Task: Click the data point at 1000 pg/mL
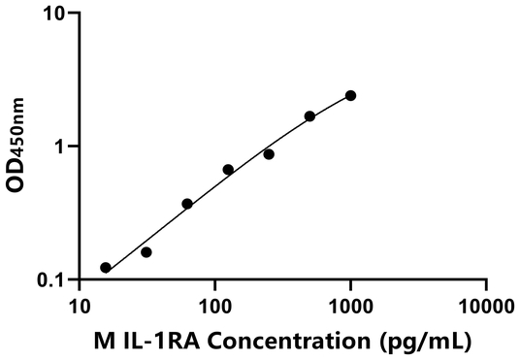point(350,95)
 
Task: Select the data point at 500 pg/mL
point(309,116)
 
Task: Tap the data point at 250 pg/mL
point(269,154)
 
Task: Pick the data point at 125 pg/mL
point(228,170)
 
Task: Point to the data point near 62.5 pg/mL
point(187,204)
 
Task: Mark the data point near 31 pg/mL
point(146,252)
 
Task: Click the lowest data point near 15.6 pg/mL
point(106,268)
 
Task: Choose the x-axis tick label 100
point(214,307)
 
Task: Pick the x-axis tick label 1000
point(350,307)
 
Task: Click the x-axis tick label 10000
point(485,307)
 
